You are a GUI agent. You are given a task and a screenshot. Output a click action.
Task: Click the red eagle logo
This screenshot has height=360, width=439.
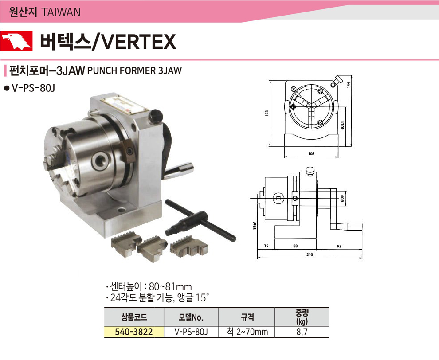pyautogui.click(x=16, y=41)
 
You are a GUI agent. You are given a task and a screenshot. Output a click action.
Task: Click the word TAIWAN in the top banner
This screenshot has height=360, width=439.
pyautogui.click(x=61, y=12)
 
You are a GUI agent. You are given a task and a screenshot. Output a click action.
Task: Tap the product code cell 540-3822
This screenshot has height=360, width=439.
pyautogui.click(x=134, y=332)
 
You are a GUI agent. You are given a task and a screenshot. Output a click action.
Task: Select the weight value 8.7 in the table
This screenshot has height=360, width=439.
pyautogui.click(x=302, y=332)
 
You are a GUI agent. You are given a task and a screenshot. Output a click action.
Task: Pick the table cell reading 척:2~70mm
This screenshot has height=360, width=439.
pyautogui.click(x=247, y=332)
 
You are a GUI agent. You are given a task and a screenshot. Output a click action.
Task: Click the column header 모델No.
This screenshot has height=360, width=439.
pyautogui.click(x=191, y=317)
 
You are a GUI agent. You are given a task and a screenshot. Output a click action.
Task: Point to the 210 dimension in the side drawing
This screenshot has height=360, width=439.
pyautogui.click(x=310, y=254)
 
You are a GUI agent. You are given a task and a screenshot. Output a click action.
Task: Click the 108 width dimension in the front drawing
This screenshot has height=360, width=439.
pyautogui.click(x=311, y=153)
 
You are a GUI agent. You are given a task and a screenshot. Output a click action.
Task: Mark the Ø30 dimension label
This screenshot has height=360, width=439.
pyautogui.click(x=342, y=198)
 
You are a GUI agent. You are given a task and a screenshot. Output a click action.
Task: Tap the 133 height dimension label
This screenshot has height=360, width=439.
pyautogui.click(x=267, y=113)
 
